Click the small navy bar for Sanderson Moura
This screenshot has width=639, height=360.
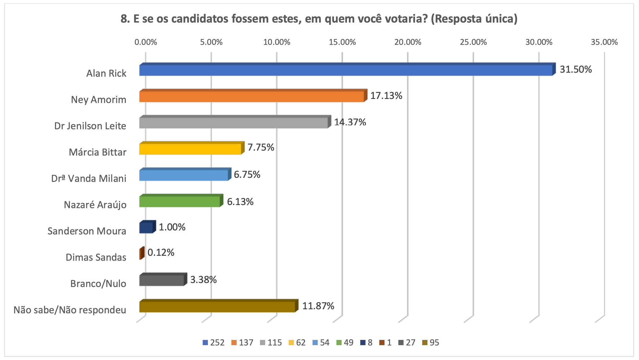pos(146,228)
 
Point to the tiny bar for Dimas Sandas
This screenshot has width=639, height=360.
pos(142,254)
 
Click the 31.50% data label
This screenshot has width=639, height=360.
pos(576,69)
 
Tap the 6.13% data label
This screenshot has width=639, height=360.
pos(240,202)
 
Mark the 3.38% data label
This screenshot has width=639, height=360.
pos(203,280)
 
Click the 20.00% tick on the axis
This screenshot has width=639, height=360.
pos(408,42)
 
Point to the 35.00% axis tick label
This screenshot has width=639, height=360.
pos(604,42)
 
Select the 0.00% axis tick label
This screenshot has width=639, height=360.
pos(146,42)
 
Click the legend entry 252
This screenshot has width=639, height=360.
pos(214,343)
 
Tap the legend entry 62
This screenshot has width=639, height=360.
pos(297,343)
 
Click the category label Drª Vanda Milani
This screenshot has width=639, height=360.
pos(89,178)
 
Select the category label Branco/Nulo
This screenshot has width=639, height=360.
pos(98,284)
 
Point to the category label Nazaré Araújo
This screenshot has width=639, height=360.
pos(95,205)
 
